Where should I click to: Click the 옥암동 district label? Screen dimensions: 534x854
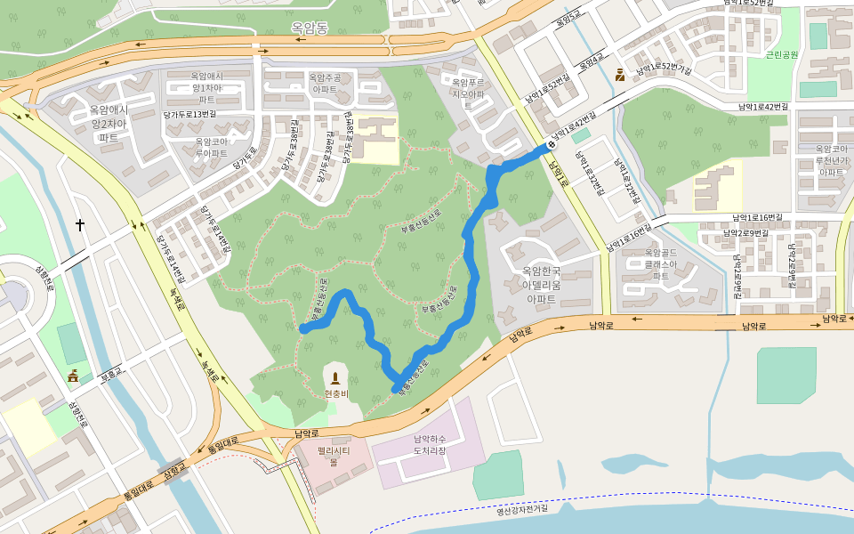click(309, 28)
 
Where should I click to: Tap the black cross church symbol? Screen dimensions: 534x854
click(80, 225)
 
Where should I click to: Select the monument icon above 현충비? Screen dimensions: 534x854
click(336, 378)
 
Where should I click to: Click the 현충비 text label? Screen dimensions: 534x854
click(336, 393)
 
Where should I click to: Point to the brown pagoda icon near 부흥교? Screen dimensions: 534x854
click(73, 376)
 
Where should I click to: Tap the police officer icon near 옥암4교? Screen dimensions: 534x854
click(619, 76)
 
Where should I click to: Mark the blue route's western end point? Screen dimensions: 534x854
click(304, 329)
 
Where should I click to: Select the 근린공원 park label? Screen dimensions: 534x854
click(782, 55)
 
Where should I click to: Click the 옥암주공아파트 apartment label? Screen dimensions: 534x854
click(324, 84)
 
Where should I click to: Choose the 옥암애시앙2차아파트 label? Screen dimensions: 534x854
click(109, 124)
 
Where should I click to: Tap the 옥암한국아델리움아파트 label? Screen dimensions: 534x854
click(540, 285)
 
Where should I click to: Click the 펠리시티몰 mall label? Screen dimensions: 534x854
click(334, 457)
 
